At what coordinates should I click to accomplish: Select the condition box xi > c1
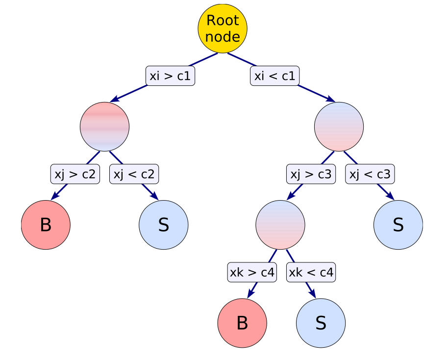pyautogui.click(x=171, y=76)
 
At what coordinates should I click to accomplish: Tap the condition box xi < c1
pyautogui.click(x=274, y=76)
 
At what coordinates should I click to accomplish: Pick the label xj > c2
pyautogui.click(x=75, y=174)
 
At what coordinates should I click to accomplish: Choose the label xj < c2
pyautogui.click(x=134, y=174)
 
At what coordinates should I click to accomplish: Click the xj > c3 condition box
pyautogui.click(x=311, y=174)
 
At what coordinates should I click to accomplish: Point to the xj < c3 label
pyautogui.click(x=370, y=174)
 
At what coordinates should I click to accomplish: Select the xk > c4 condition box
pyautogui.click(x=252, y=272)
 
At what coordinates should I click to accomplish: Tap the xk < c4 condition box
pyautogui.click(x=311, y=272)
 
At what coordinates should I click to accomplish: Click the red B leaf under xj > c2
pyautogui.click(x=46, y=225)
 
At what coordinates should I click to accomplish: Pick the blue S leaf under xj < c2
pyautogui.click(x=164, y=225)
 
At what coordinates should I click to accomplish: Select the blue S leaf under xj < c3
pyautogui.click(x=398, y=225)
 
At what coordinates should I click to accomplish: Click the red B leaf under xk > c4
pyautogui.click(x=242, y=323)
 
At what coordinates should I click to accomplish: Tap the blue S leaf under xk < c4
pyautogui.click(x=321, y=323)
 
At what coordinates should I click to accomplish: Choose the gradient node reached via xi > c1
pyautogui.click(x=104, y=127)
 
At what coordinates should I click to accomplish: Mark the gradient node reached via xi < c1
pyautogui.click(x=339, y=127)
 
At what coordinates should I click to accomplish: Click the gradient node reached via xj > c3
pyautogui.click(x=280, y=225)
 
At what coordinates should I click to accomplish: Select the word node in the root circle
pyautogui.click(x=223, y=37)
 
